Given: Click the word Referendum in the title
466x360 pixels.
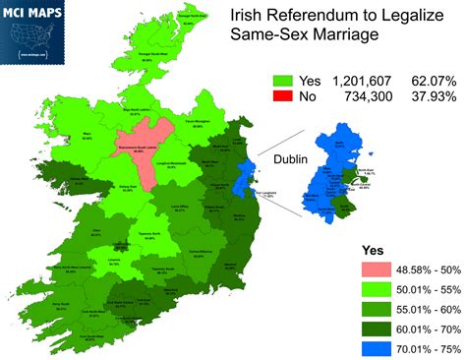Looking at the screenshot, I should coord(301,17).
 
